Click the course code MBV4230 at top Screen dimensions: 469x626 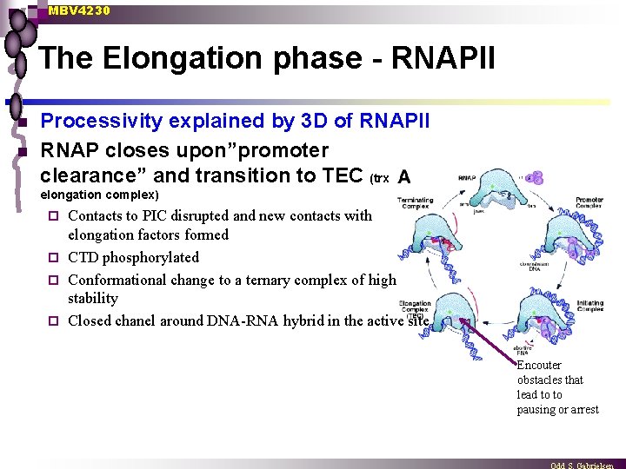(x=79, y=10)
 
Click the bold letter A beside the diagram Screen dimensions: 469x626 (x=403, y=177)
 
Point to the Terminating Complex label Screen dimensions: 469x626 (x=415, y=203)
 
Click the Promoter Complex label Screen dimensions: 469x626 (x=589, y=203)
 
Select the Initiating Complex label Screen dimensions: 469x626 (x=589, y=305)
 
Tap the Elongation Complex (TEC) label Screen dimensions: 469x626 (x=415, y=308)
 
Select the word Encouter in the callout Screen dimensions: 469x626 (x=539, y=366)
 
